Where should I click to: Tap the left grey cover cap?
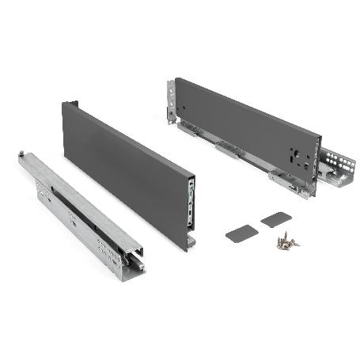click(241, 233)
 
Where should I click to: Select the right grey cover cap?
click(276, 219)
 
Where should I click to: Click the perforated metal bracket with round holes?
click(339, 167)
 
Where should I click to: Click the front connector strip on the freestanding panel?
click(191, 201)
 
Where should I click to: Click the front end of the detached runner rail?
click(131, 257)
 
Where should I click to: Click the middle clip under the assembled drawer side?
click(225, 149)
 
